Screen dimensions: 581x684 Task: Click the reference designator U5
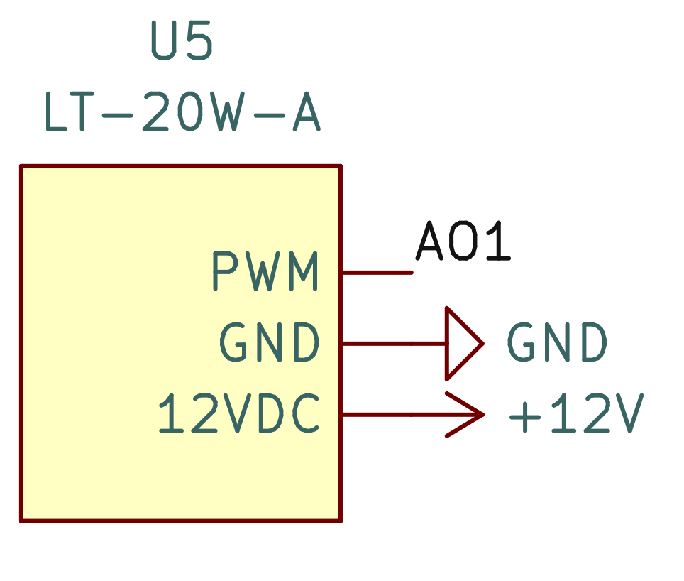point(182,43)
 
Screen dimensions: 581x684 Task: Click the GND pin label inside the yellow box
point(270,343)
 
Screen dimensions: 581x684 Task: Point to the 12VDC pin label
point(239,415)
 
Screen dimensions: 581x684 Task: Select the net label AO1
point(463,241)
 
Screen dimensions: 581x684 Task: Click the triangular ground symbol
point(461,344)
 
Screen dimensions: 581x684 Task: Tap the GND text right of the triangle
point(558,343)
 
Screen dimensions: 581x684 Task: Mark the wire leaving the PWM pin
point(377,272)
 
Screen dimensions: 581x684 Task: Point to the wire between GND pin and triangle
point(394,344)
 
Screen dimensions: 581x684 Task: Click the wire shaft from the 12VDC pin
point(394,414)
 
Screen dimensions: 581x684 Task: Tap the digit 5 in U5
point(199,43)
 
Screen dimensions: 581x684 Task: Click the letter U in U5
point(165,43)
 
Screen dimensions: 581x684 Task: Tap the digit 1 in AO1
point(499,241)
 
